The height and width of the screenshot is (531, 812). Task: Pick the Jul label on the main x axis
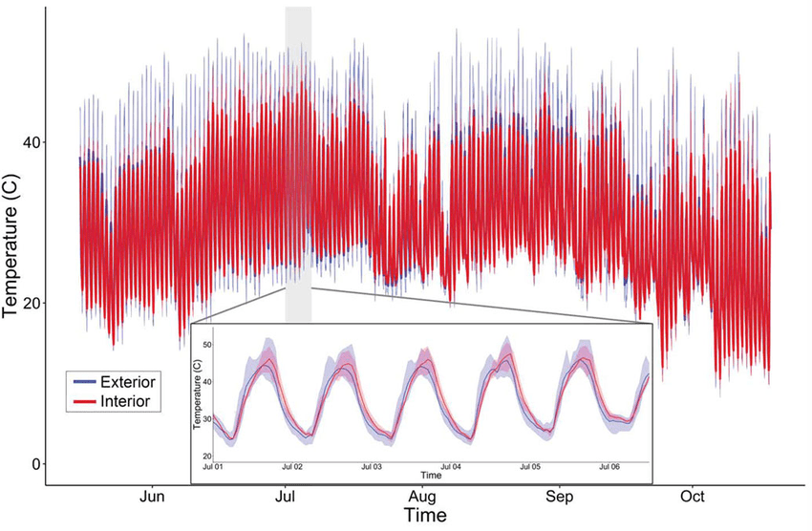(286, 497)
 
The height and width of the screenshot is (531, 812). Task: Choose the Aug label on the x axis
(422, 497)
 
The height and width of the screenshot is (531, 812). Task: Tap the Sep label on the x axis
(560, 497)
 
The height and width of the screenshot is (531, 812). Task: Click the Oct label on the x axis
(693, 497)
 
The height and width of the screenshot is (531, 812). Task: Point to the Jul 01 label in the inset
(212, 467)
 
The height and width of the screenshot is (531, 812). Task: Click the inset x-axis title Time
(431, 475)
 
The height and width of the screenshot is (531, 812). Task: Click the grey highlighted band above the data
(298, 29)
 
